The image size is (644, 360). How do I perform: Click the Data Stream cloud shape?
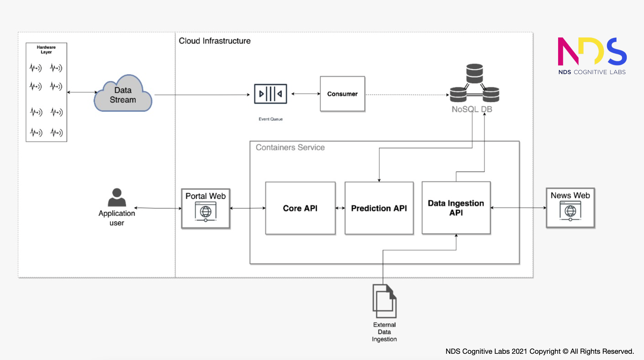[123, 95]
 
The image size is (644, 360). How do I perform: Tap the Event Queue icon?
[270, 94]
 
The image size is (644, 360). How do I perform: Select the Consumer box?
[342, 94]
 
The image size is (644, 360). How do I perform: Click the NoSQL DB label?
[472, 109]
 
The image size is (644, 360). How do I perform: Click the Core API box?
[300, 208]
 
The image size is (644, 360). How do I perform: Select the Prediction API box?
[379, 208]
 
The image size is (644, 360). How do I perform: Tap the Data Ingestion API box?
[456, 208]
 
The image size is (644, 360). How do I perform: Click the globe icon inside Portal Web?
[206, 211]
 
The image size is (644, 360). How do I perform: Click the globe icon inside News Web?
[570, 211]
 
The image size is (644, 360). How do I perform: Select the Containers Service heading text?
[290, 147]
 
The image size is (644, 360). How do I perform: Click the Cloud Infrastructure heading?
[214, 41]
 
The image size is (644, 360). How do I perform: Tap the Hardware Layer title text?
[46, 49]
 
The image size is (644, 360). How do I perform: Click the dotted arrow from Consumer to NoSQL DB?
[406, 95]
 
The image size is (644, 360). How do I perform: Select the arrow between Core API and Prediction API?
[340, 208]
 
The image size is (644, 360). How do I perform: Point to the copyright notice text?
[539, 351]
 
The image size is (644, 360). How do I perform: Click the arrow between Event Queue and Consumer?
[306, 94]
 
